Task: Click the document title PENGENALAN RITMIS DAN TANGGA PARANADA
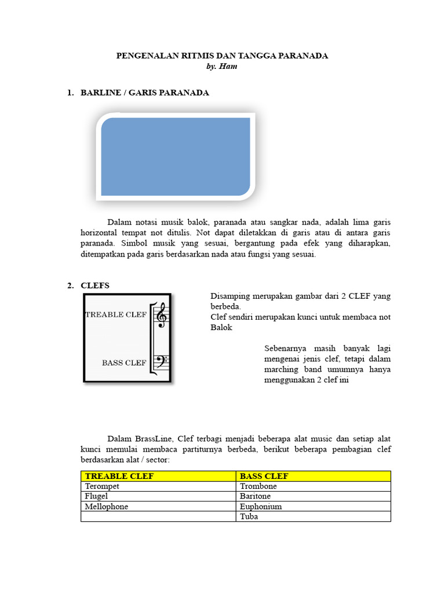222,56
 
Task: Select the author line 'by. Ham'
222,67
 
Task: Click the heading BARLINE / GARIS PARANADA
145,93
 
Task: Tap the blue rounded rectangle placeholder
176,156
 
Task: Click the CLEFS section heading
95,285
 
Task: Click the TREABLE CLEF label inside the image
116,314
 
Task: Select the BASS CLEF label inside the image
124,363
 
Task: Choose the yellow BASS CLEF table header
264,476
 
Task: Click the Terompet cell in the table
102,486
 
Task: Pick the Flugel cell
97,496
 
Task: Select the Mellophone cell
107,506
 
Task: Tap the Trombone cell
258,486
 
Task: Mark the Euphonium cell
261,506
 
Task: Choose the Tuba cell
249,516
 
